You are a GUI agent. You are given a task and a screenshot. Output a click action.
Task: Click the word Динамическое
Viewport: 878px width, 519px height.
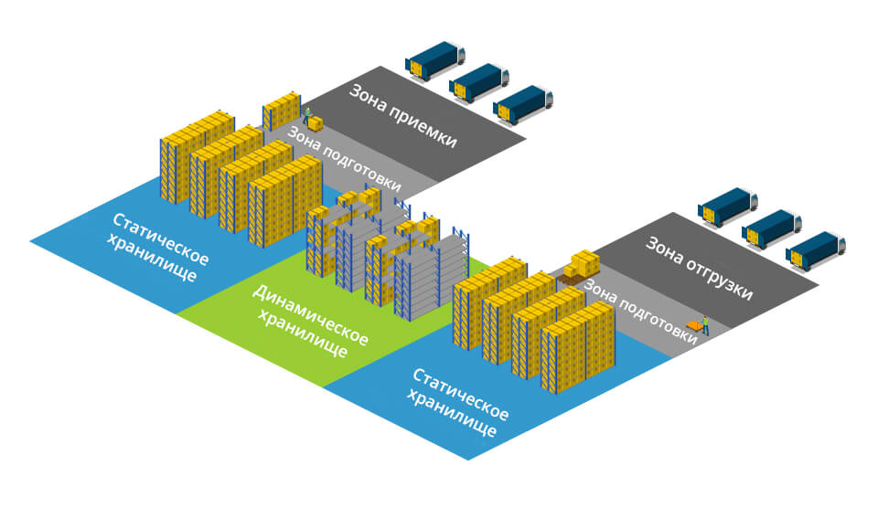click(311, 315)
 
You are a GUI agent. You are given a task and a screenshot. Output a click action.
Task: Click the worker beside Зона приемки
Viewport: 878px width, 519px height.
click(307, 116)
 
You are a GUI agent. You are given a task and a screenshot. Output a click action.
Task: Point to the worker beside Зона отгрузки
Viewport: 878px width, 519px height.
click(705, 325)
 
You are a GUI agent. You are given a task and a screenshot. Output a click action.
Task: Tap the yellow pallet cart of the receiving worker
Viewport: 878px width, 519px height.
click(316, 124)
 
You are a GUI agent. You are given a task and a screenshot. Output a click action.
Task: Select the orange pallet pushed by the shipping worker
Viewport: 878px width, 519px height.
click(694, 326)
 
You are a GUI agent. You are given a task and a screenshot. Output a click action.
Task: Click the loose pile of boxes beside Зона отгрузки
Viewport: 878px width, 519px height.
click(582, 265)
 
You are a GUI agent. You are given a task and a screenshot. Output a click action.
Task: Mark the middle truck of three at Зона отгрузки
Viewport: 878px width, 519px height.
click(772, 228)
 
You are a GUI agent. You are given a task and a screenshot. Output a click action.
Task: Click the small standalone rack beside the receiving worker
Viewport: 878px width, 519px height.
click(282, 111)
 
